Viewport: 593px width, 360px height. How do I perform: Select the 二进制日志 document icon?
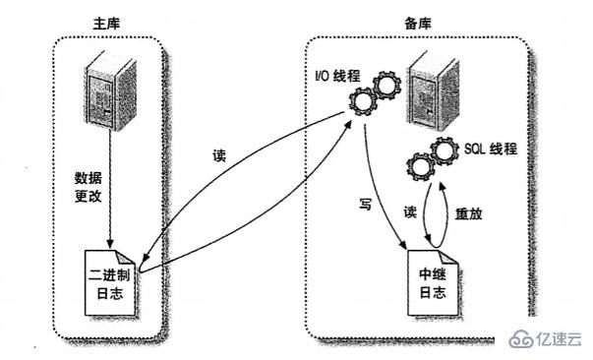(111, 279)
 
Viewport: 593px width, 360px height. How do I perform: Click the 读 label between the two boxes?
(219, 156)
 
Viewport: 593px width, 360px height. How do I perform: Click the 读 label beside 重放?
(411, 212)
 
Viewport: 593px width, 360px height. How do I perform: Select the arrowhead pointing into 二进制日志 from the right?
(146, 268)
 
